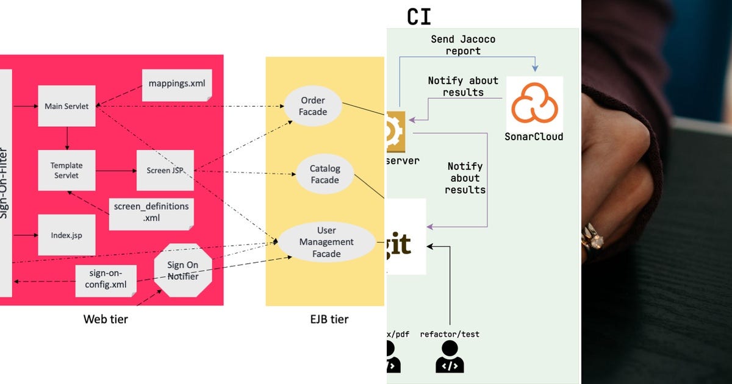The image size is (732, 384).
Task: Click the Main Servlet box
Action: (66, 106)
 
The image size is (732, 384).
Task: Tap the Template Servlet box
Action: (66, 170)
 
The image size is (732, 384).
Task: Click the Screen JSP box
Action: (165, 170)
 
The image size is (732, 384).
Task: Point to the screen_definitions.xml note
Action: (151, 212)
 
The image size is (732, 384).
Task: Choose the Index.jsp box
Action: (66, 235)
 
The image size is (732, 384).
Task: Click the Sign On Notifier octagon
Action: (182, 270)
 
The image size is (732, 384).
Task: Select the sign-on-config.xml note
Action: (105, 280)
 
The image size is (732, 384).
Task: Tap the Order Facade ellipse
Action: (313, 106)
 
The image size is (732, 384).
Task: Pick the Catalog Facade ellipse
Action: (325, 174)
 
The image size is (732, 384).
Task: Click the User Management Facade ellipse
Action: (326, 242)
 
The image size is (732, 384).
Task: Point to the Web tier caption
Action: (106, 319)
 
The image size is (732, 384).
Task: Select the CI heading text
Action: (419, 16)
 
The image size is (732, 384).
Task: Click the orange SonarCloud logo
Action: (534, 104)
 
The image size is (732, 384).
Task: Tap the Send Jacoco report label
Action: (463, 45)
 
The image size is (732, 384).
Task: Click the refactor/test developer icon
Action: (450, 357)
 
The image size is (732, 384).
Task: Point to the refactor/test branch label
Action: (450, 334)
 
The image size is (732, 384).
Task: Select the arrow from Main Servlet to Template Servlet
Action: (66, 138)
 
